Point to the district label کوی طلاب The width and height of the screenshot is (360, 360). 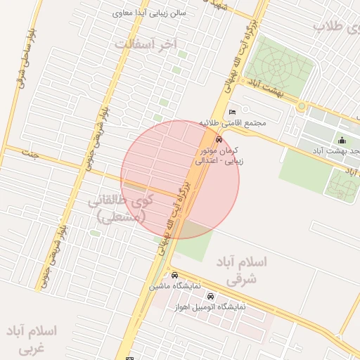336,26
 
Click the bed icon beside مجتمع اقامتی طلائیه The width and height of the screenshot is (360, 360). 233,111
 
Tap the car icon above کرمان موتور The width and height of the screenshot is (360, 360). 219,139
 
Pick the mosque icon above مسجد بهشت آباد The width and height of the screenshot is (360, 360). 342,140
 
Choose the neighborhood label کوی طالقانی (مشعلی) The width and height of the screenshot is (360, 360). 120,209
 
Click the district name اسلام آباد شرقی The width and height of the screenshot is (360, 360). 243,270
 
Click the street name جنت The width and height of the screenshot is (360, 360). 29,153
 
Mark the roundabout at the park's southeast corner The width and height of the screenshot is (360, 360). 302,106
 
